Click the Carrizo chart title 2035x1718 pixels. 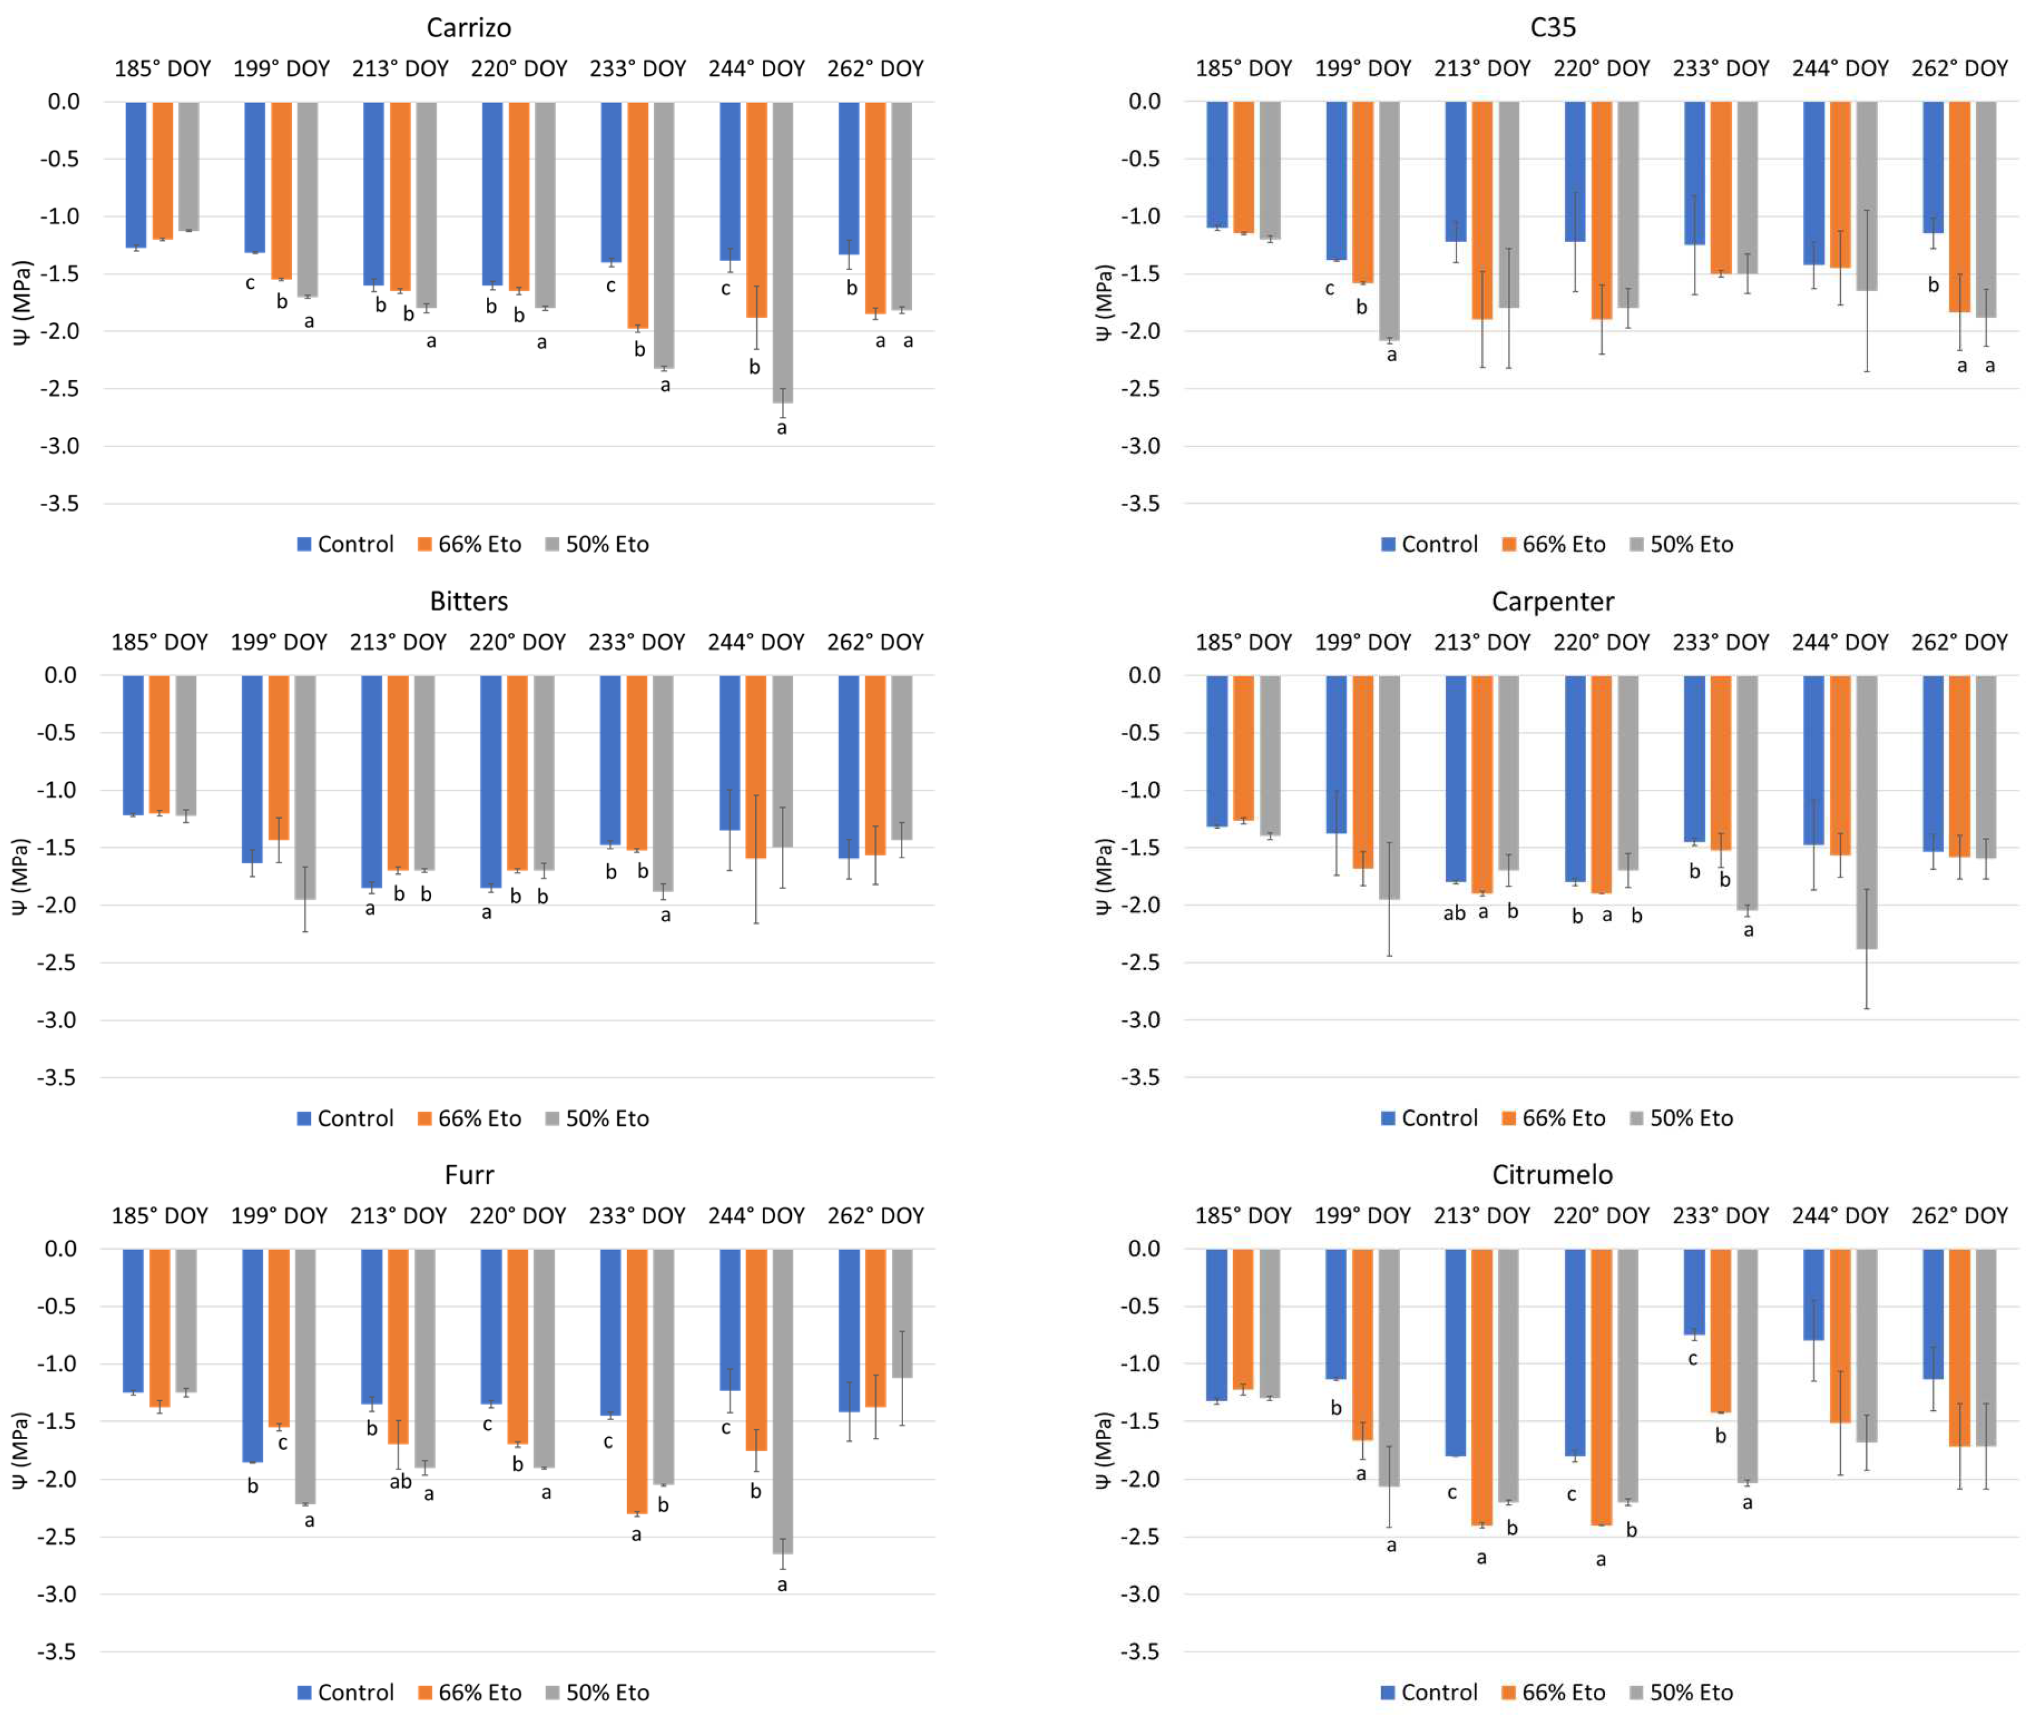tap(468, 27)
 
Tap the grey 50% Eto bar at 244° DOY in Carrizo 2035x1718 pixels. tap(782, 253)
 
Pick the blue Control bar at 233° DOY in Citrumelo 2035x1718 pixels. tap(1694, 1291)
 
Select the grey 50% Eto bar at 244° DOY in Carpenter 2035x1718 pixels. tap(1866, 811)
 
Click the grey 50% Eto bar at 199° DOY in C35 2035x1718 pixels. tap(1389, 220)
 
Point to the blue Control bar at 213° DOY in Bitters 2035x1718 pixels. tap(371, 781)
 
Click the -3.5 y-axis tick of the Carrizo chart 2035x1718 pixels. tap(59, 504)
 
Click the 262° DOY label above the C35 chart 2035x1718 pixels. tap(1959, 68)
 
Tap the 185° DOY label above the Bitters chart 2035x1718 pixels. tap(160, 642)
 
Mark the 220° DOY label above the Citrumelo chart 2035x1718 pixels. tap(1601, 1215)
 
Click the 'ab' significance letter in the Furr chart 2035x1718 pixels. tap(400, 1481)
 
